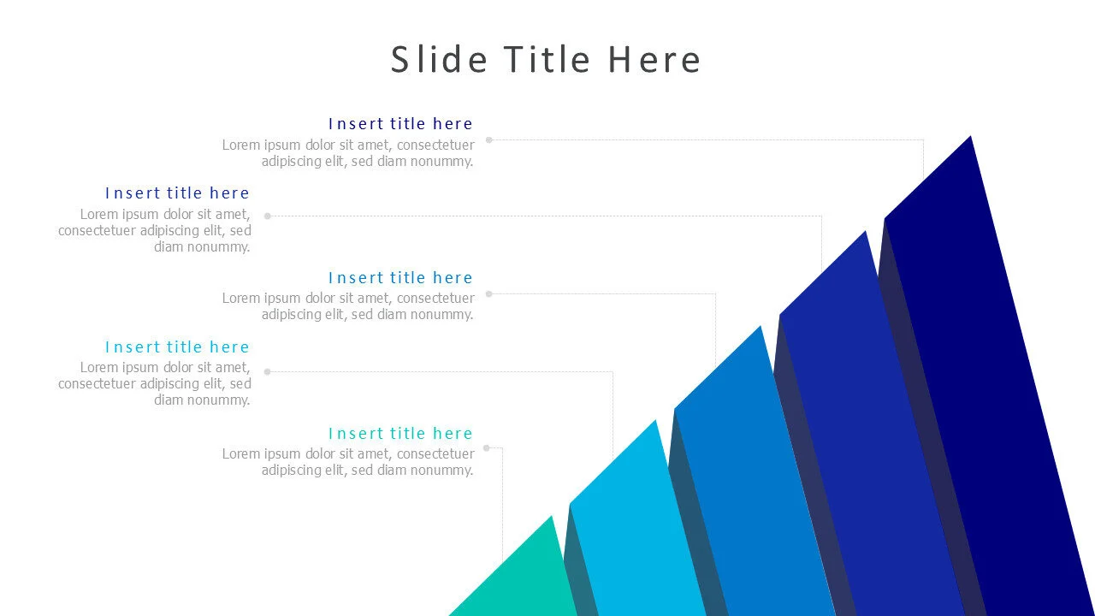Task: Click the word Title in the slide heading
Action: coord(547,60)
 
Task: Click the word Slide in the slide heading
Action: coord(439,60)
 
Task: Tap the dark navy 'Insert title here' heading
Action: coord(400,124)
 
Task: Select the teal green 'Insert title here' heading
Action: coord(400,433)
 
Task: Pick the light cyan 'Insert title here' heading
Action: coord(177,347)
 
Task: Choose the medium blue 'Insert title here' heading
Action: coord(400,278)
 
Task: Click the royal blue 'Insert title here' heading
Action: coord(177,193)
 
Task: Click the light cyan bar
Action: coord(636,528)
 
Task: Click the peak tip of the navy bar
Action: coord(970,136)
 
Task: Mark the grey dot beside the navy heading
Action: coord(488,139)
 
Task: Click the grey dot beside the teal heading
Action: coord(487,447)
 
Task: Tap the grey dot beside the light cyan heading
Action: coord(268,371)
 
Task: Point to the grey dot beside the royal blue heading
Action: coord(268,216)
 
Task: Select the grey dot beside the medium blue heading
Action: coord(488,293)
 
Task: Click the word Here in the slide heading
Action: coord(654,60)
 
